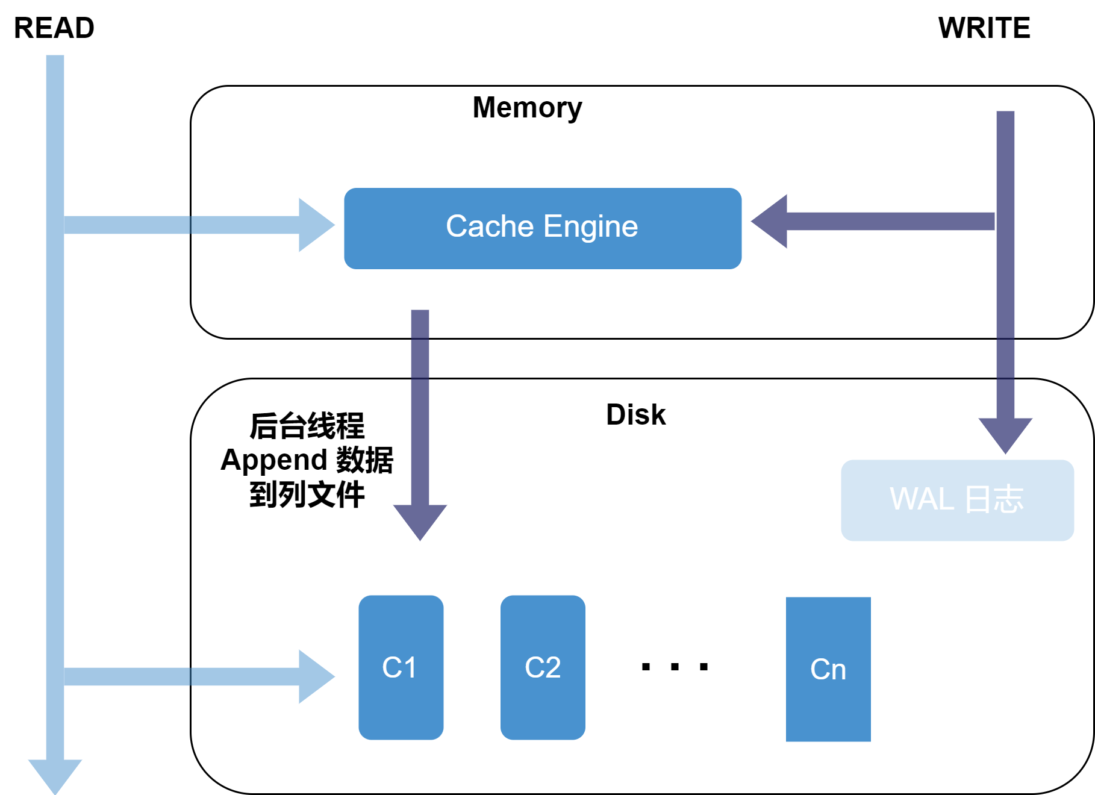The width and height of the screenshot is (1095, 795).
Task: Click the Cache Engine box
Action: pyautogui.click(x=542, y=228)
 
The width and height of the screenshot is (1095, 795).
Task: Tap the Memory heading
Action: pyautogui.click(x=527, y=108)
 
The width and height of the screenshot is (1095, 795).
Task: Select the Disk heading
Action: pyautogui.click(x=635, y=415)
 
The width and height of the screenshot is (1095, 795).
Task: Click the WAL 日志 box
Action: pyautogui.click(x=957, y=500)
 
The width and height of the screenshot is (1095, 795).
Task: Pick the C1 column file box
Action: pyautogui.click(x=401, y=667)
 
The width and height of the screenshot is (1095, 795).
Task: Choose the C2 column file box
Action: pyautogui.click(x=543, y=667)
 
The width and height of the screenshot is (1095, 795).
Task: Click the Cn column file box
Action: pyautogui.click(x=828, y=669)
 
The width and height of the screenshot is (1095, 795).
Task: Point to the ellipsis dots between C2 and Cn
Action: pyautogui.click(x=675, y=667)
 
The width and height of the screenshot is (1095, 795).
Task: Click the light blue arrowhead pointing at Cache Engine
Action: pyautogui.click(x=315, y=225)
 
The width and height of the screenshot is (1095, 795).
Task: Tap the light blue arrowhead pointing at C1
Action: pyautogui.click(x=315, y=676)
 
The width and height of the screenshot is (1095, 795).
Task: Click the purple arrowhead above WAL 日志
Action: pyautogui.click(x=1005, y=434)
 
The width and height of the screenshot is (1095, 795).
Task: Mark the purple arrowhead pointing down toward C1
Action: pyautogui.click(x=420, y=520)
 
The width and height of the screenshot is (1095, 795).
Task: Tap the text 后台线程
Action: pyautogui.click(x=307, y=426)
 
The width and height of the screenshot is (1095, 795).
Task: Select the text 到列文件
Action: pyautogui.click(x=307, y=494)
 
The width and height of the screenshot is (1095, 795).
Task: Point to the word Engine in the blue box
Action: pyautogui.click(x=590, y=226)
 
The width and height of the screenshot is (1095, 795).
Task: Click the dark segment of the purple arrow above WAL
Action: pyautogui.click(x=1005, y=358)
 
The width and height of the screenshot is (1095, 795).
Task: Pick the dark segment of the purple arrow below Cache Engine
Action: pyautogui.click(x=420, y=358)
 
